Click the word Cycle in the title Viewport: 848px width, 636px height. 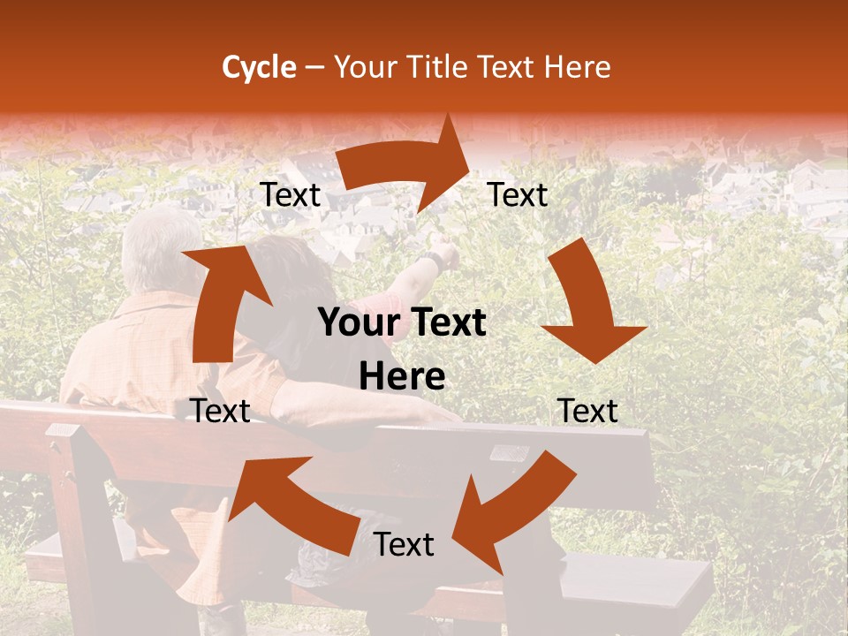coord(259,67)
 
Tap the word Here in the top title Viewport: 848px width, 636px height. coord(575,67)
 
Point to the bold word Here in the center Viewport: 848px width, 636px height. coord(402,377)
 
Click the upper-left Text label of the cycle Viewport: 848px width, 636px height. coord(291,195)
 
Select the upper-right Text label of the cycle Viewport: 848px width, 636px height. coord(518,195)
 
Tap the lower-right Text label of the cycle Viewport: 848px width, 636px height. coord(587,411)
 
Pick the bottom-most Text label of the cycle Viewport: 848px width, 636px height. coord(404,544)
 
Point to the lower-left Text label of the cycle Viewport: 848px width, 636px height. coord(220,411)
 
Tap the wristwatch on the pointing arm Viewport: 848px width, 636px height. coord(432,261)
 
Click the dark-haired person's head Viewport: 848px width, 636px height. coord(287,274)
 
